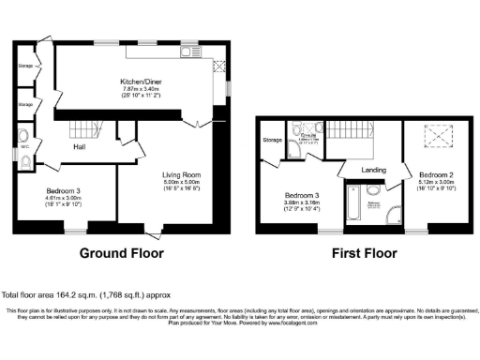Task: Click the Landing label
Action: coord(374,170)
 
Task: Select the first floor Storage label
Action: coord(273,140)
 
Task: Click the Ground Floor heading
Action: coord(121,253)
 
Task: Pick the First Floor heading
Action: coord(361,253)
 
